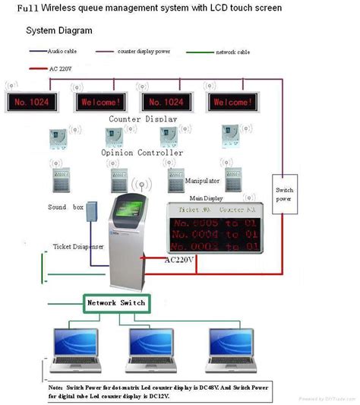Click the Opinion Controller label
tap(142, 152)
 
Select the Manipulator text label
tap(203, 182)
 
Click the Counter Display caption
tap(143, 119)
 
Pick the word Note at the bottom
tap(55, 386)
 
